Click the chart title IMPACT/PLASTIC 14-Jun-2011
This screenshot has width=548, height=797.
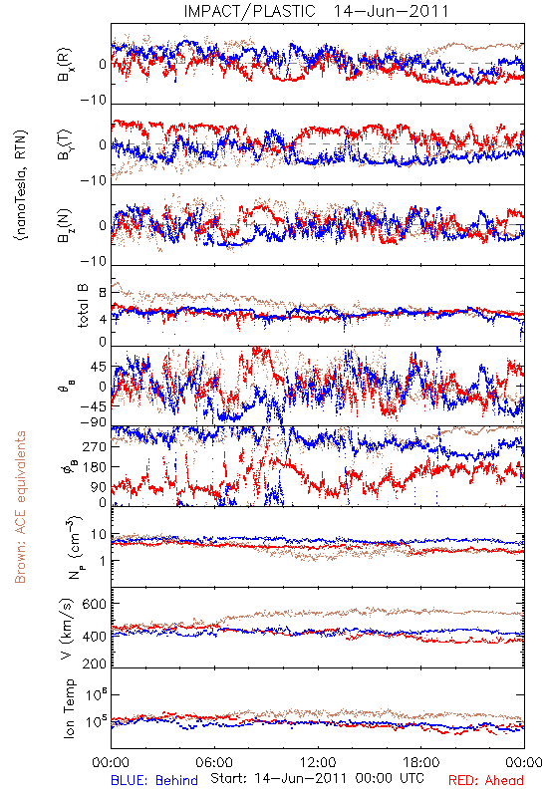pos(316,11)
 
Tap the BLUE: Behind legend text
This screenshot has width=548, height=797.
pos(154,780)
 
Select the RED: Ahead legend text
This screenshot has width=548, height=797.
pos(486,780)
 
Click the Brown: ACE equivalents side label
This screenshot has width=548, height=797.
pos(20,507)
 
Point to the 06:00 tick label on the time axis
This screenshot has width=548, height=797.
pos(214,762)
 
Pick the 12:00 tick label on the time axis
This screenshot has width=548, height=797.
pos(318,762)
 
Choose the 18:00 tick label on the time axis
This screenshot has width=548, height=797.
pos(421,762)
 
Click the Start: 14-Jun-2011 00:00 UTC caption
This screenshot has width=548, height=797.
pos(317,778)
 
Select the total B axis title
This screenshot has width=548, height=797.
pos(83,306)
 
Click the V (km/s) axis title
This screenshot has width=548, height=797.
pos(67,629)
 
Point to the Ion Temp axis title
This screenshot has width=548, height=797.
pos(69,708)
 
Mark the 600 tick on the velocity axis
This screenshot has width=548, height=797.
pos(95,604)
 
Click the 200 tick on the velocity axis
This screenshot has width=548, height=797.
pos(95,664)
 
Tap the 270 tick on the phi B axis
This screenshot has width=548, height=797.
pos(95,446)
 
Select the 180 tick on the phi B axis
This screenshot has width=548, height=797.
pos(95,466)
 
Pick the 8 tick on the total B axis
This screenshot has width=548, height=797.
pos(103,293)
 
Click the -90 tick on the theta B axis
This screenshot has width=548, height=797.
pos(94,421)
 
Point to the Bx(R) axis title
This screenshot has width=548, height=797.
pos(65,64)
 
